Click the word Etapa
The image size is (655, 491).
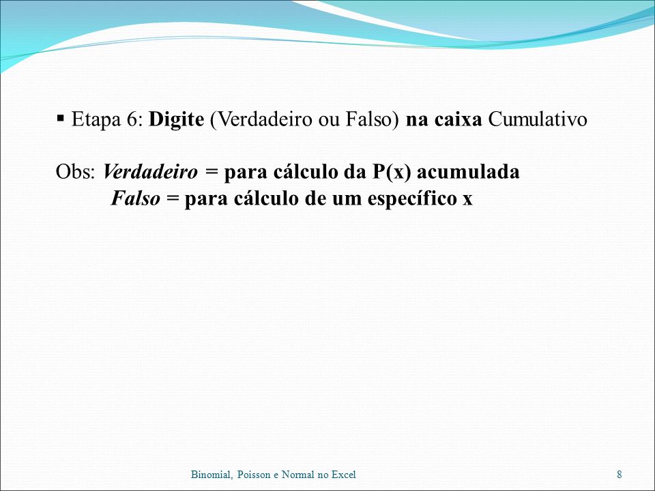pos(96,120)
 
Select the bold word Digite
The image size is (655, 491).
pos(176,120)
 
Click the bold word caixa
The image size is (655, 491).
pos(458,120)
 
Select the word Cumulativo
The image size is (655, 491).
pos(538,119)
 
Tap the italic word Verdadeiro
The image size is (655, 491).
pos(150,172)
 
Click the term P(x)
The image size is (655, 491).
pos(391,172)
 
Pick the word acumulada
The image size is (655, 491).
pos(468,172)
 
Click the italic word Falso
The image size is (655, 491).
pos(135,198)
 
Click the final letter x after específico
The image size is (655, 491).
pos(467,200)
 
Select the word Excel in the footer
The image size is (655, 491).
pos(343,475)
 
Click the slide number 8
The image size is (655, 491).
pos(620,475)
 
